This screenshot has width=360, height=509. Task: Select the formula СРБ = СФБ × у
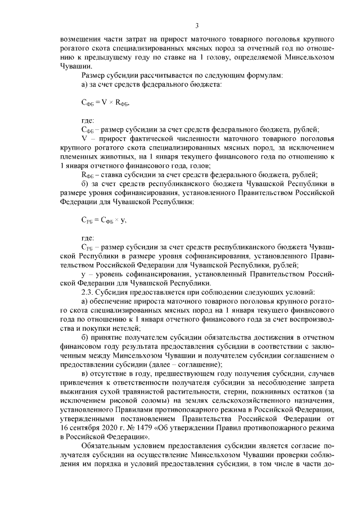pyautogui.click(x=103, y=204)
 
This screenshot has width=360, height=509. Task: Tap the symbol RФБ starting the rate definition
pyautogui.click(x=86, y=175)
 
